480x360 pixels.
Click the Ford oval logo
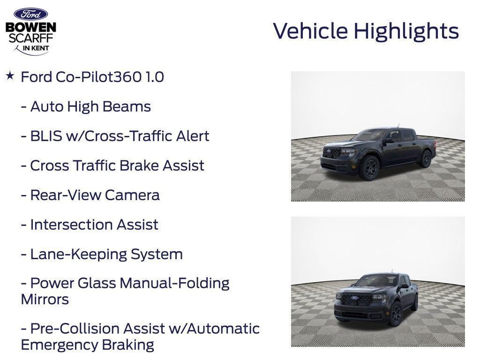coord(30,14)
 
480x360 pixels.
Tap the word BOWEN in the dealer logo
coord(30,27)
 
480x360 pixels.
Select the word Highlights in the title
coord(406,31)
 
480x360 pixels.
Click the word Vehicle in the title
coord(310,31)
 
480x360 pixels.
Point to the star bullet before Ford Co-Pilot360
coord(10,75)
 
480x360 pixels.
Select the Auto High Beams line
coord(86,106)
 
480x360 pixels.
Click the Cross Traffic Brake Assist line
coord(112,165)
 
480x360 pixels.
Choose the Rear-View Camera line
coord(90,195)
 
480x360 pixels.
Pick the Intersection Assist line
coord(90,225)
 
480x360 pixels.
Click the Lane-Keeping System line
coord(102,254)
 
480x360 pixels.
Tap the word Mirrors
coord(45,299)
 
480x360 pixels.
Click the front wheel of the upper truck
coord(368,168)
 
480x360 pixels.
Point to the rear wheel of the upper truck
coord(426,159)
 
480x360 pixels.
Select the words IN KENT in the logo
coord(36,48)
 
